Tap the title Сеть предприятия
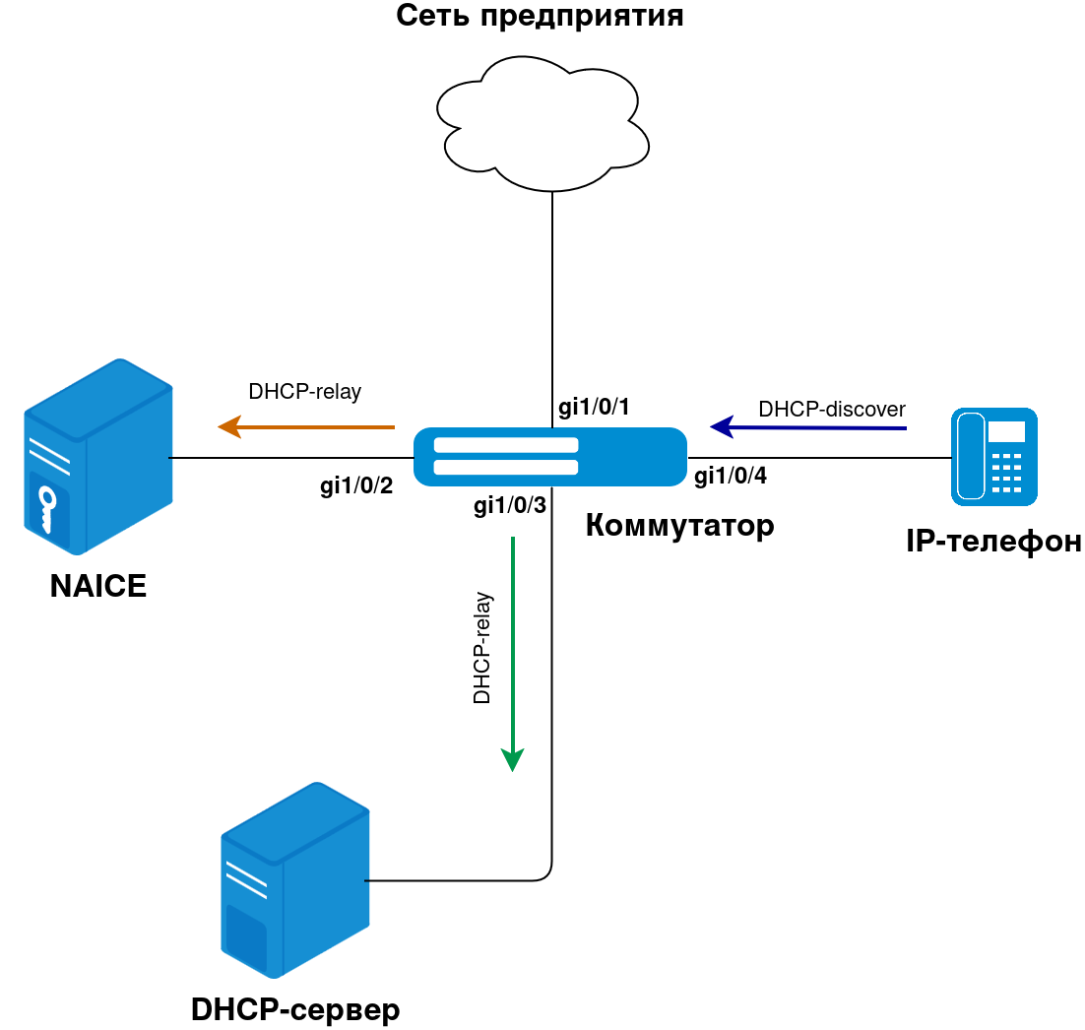tap(541, 16)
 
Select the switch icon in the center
tap(549, 457)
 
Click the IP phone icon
tap(993, 456)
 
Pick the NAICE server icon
tap(97, 457)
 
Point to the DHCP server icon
tap(294, 879)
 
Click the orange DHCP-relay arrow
tap(306, 427)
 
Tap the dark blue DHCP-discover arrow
tap(807, 427)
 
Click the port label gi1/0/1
tap(594, 407)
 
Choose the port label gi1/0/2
tap(356, 486)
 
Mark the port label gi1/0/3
tap(509, 506)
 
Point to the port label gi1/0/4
tap(731, 477)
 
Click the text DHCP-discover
tap(832, 409)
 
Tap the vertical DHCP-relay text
tap(482, 648)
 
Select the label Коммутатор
tap(679, 526)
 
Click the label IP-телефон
tap(993, 542)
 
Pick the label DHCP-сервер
tap(295, 1010)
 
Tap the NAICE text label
tap(98, 587)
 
